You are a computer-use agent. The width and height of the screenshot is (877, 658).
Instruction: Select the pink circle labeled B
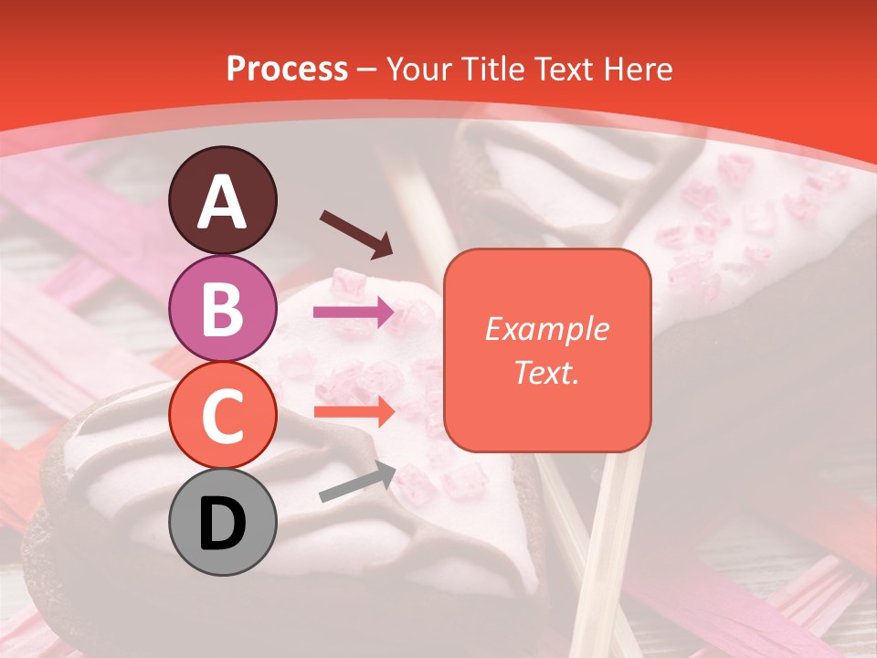coord(223,309)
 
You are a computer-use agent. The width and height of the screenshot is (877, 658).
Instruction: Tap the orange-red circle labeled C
coord(223,416)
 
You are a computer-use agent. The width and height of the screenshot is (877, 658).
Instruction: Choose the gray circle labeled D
coord(223,522)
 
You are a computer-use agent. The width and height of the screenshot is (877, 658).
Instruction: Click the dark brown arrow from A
coord(356,234)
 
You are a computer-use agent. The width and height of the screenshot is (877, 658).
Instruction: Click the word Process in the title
coord(287,69)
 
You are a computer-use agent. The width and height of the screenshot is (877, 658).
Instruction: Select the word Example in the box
coord(546,329)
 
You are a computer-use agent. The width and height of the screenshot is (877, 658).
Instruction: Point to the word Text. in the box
coord(546,372)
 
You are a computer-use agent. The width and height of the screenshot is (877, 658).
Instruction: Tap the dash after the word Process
coord(366,69)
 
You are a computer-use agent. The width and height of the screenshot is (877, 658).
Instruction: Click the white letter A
coord(223,201)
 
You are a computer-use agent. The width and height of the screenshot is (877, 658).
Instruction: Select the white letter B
coord(223,309)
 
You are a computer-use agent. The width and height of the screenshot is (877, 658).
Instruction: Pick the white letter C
coord(223,416)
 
